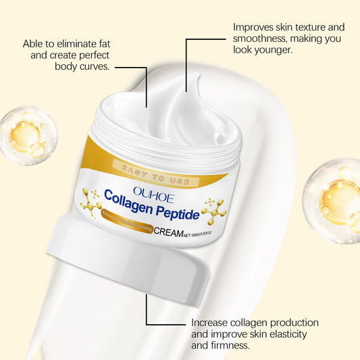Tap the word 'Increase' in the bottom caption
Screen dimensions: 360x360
(x=211, y=323)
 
